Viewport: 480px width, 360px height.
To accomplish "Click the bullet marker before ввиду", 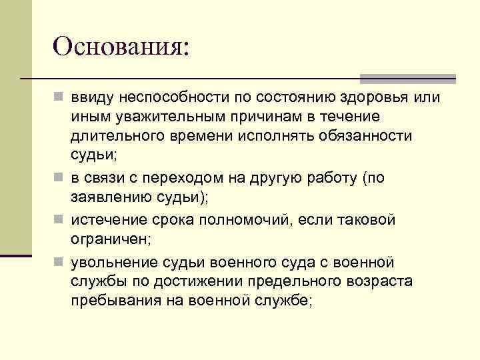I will pos(59,98).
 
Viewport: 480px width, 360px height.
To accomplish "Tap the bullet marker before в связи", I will pos(59,179).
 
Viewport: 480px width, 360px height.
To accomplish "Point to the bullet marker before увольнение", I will pos(59,261).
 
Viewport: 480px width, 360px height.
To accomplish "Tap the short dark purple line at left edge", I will pos(15,255).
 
